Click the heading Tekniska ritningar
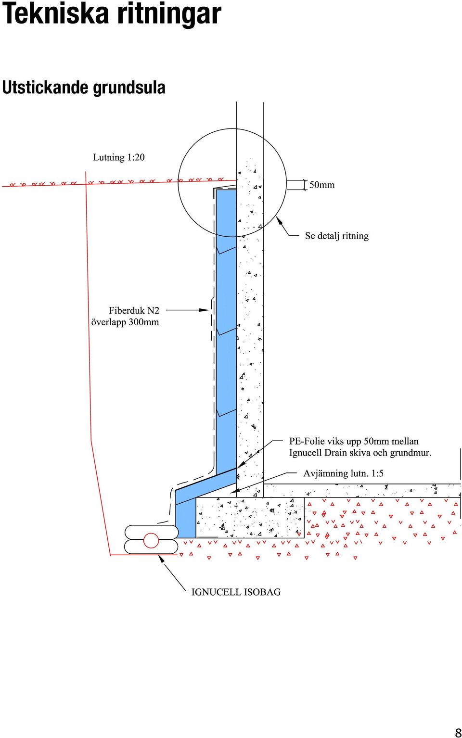coord(111,14)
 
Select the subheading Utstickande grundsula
coord(84,88)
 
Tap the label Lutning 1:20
coord(119,157)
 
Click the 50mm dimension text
coord(321,185)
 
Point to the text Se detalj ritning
coord(336,236)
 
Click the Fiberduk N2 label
coord(134,310)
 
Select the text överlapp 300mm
coord(125,322)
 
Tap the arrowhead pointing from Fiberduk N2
coord(205,310)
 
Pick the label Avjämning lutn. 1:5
coord(343,473)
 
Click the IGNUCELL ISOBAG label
coord(236,592)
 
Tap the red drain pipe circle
coord(151,540)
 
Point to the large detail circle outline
coord(178,182)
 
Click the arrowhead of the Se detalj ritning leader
coord(279,220)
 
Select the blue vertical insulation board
coord(226,330)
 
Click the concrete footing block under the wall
coord(250,517)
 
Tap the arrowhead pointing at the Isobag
coord(162,559)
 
